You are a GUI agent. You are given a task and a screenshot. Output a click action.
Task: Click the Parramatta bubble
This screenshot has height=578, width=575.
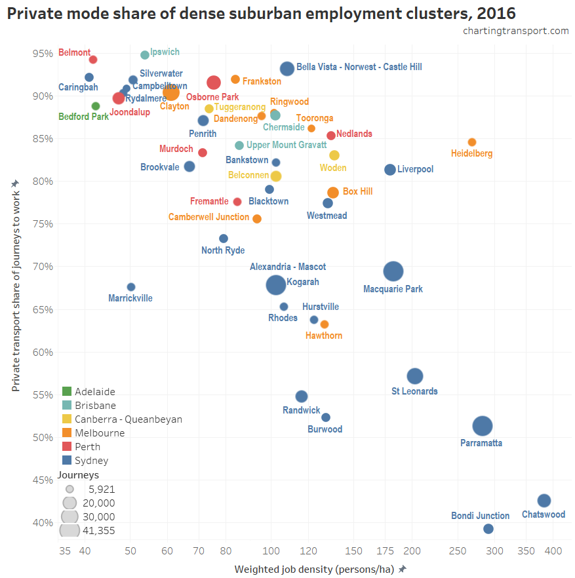click(482, 426)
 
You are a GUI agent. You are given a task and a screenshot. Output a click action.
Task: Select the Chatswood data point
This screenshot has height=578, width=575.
click(544, 501)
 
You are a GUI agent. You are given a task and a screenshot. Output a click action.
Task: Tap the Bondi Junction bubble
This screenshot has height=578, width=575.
click(488, 529)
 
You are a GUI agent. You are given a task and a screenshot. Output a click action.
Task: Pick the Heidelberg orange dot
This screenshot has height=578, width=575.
click(471, 142)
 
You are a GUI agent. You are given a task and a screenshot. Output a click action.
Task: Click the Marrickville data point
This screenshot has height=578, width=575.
click(131, 287)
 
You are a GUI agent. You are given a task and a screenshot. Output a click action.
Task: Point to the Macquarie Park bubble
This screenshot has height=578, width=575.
click(393, 271)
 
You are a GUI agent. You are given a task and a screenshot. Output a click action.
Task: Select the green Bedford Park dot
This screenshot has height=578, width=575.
click(96, 106)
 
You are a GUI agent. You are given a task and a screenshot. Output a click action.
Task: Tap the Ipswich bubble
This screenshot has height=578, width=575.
click(145, 55)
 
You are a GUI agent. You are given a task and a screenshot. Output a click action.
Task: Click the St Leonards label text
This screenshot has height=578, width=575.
click(414, 391)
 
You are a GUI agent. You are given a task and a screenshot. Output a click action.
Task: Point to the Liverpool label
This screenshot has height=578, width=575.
click(415, 170)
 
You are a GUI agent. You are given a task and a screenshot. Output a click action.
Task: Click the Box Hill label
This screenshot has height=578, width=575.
click(357, 192)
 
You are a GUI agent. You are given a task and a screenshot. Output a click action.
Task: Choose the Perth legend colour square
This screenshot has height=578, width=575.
click(67, 446)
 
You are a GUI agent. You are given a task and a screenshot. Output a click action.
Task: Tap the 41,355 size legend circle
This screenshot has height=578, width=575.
click(69, 530)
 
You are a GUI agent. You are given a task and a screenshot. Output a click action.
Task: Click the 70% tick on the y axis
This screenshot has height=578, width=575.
click(43, 267)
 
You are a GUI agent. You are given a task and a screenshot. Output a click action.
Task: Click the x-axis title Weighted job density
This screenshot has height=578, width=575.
click(315, 569)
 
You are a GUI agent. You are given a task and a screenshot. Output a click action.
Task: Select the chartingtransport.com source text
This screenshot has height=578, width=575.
click(515, 31)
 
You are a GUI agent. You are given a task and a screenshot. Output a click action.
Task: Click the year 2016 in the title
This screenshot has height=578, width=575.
click(494, 12)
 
